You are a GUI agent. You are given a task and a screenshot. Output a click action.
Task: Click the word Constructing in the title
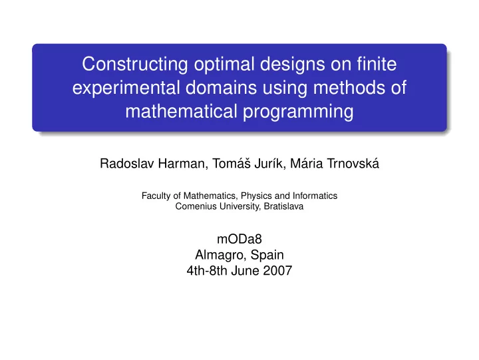(134, 64)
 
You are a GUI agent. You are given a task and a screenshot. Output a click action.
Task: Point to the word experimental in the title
(126, 89)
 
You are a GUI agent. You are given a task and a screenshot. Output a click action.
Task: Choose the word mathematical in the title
(181, 111)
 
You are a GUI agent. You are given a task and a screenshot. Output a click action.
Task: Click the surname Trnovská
(353, 163)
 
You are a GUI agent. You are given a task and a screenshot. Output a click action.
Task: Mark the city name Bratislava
(283, 206)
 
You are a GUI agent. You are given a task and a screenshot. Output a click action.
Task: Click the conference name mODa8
(239, 239)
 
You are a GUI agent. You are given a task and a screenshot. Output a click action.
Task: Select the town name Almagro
(221, 255)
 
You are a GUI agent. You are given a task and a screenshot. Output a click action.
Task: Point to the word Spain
(267, 255)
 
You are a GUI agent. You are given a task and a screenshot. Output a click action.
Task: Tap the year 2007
(277, 271)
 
